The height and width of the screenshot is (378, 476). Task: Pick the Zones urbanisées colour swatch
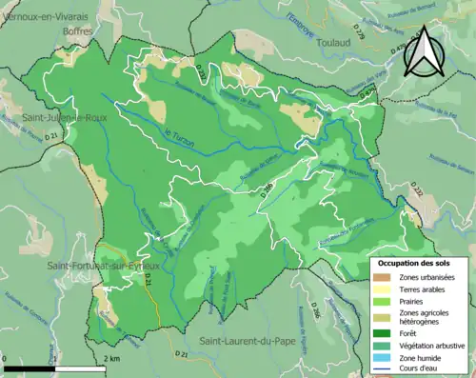[383, 277]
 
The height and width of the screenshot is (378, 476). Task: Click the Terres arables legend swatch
[383, 290]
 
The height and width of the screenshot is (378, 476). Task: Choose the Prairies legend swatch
[383, 304]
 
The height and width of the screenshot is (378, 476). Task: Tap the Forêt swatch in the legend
[383, 334]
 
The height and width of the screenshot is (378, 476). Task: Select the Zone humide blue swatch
[383, 360]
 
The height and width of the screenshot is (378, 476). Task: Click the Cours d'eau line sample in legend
[383, 371]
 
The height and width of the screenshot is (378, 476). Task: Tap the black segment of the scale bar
[27, 366]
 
